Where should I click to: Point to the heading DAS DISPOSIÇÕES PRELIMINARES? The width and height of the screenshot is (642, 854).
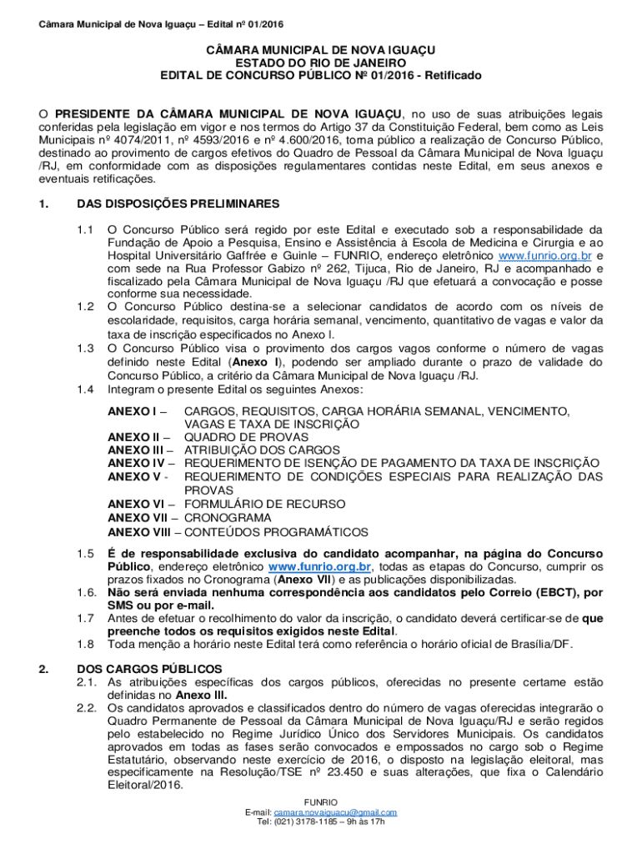pyautogui.click(x=178, y=203)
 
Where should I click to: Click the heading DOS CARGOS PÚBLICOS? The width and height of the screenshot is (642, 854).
pyautogui.click(x=149, y=668)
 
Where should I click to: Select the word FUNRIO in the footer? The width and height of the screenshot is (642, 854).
pyautogui.click(x=321, y=801)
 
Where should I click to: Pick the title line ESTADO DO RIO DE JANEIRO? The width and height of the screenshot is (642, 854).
pyautogui.click(x=321, y=63)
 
